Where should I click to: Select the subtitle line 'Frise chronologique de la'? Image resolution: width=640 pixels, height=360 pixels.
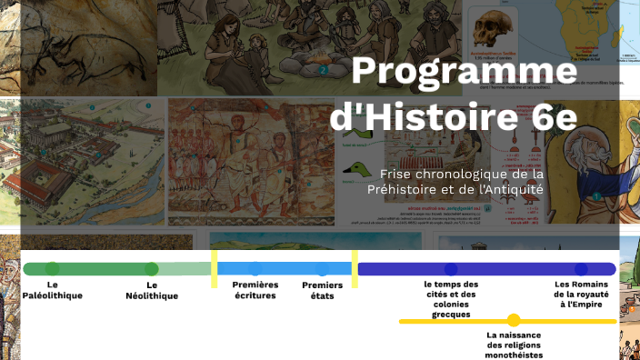(x=462, y=174)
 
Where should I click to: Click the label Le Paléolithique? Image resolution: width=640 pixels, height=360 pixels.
(x=53, y=290)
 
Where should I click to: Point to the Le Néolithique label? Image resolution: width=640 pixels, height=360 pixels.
(x=151, y=290)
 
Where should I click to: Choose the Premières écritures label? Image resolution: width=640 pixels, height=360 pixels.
(x=255, y=290)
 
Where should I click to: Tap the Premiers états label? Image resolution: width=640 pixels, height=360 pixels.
(x=323, y=290)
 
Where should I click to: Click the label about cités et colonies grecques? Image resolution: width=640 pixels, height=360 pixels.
(x=451, y=299)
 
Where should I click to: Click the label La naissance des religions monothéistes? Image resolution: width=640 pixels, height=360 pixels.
(x=514, y=345)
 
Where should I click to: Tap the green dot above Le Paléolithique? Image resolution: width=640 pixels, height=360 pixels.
(x=53, y=269)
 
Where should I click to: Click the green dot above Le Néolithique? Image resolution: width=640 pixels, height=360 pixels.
(x=151, y=269)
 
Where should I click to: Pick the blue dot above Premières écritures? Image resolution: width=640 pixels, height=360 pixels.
(x=255, y=269)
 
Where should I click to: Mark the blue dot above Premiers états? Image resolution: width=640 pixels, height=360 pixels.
(x=323, y=269)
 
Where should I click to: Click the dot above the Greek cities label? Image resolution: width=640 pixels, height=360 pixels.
(x=451, y=269)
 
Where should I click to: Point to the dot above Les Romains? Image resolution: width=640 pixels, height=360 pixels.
(x=581, y=269)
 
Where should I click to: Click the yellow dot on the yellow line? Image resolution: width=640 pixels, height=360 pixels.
(x=514, y=320)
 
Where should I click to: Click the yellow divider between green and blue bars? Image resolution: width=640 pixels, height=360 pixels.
(x=215, y=269)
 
